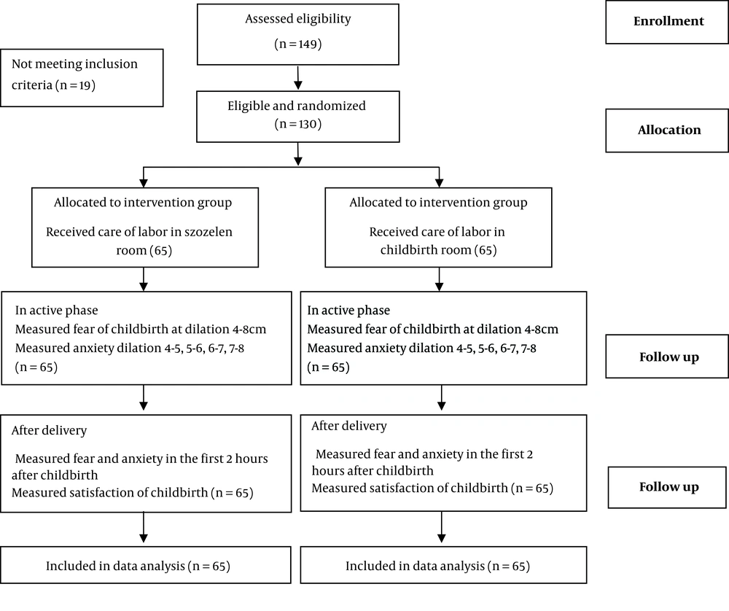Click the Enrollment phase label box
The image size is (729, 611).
667,22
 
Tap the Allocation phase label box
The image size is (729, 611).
667,131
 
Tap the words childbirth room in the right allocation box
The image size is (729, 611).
426,250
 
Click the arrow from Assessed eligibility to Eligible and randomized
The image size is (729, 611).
298,78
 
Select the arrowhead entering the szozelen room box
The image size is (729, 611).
144,183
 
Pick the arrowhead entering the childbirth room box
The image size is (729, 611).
439,183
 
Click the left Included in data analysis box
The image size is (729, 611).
146,565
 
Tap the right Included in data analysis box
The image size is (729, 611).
443,565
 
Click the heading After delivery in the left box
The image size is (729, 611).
50,431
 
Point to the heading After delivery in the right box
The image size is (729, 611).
349,426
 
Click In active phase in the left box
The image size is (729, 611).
57,311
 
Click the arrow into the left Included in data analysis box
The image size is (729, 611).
144,527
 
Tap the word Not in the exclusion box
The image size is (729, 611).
21,63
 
